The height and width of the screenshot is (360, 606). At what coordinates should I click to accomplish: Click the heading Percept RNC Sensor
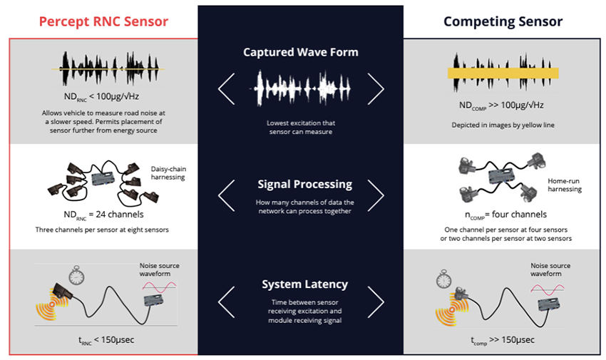coord(103,21)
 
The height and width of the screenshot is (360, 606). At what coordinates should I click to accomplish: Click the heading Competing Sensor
coord(503,21)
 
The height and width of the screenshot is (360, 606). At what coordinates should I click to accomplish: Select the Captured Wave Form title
coord(300,52)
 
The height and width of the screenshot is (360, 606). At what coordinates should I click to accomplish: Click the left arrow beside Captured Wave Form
coord(226,88)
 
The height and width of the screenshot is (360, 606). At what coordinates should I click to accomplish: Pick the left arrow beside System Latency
coord(226,302)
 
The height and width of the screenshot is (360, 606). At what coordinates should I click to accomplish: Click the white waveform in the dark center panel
coord(300,86)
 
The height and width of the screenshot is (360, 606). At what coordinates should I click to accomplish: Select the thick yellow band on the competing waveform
coord(503,73)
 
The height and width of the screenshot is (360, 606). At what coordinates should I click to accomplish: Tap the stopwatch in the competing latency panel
coord(445,278)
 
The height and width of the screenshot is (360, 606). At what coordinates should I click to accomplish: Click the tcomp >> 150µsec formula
coord(503,339)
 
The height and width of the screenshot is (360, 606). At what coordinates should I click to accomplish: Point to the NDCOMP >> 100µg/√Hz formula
coord(502,106)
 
